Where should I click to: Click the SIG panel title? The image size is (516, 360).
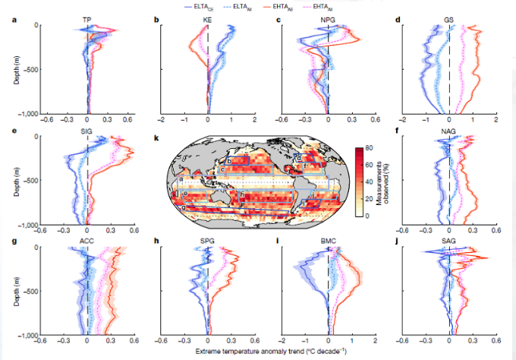point(88,131)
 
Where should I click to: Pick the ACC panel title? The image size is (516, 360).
point(88,241)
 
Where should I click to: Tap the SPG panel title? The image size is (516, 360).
point(208,241)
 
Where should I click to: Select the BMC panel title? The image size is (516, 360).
point(328,241)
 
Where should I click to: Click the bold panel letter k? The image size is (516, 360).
point(156,139)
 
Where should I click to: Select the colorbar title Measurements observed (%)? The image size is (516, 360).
point(384,183)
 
